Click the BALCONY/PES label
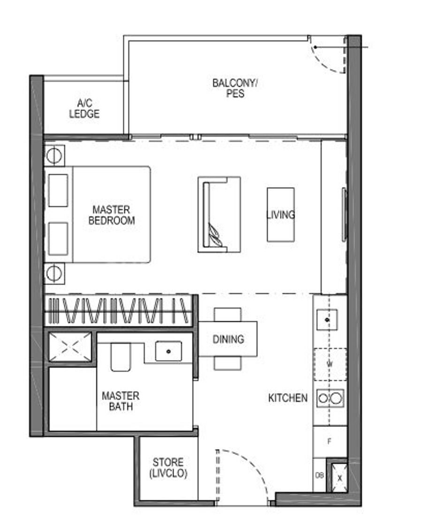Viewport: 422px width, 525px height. click(x=235, y=88)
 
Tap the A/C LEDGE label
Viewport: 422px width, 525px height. click(x=84, y=108)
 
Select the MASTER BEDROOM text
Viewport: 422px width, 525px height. click(x=111, y=215)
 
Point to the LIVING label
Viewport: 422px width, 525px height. click(x=280, y=215)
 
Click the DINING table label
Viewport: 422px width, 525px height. click(x=228, y=339)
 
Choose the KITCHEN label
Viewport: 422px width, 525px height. click(x=288, y=398)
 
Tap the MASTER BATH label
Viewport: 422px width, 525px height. click(x=121, y=401)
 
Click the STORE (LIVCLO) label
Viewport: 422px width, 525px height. click(x=168, y=467)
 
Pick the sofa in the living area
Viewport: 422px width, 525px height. click(x=219, y=214)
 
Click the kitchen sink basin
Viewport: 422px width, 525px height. click(x=327, y=320)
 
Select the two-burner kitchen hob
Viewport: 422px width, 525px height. click(x=330, y=398)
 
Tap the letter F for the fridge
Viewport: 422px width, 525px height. click(x=329, y=441)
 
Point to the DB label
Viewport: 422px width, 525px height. click(x=319, y=475)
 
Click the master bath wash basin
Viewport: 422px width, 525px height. click(x=168, y=351)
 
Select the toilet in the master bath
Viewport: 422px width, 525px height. click(x=121, y=357)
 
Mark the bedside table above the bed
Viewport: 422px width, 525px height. click(x=54, y=156)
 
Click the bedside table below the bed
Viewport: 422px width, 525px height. click(x=54, y=273)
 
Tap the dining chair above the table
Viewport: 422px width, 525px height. click(x=228, y=315)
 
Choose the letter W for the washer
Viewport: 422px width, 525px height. click(x=330, y=364)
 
